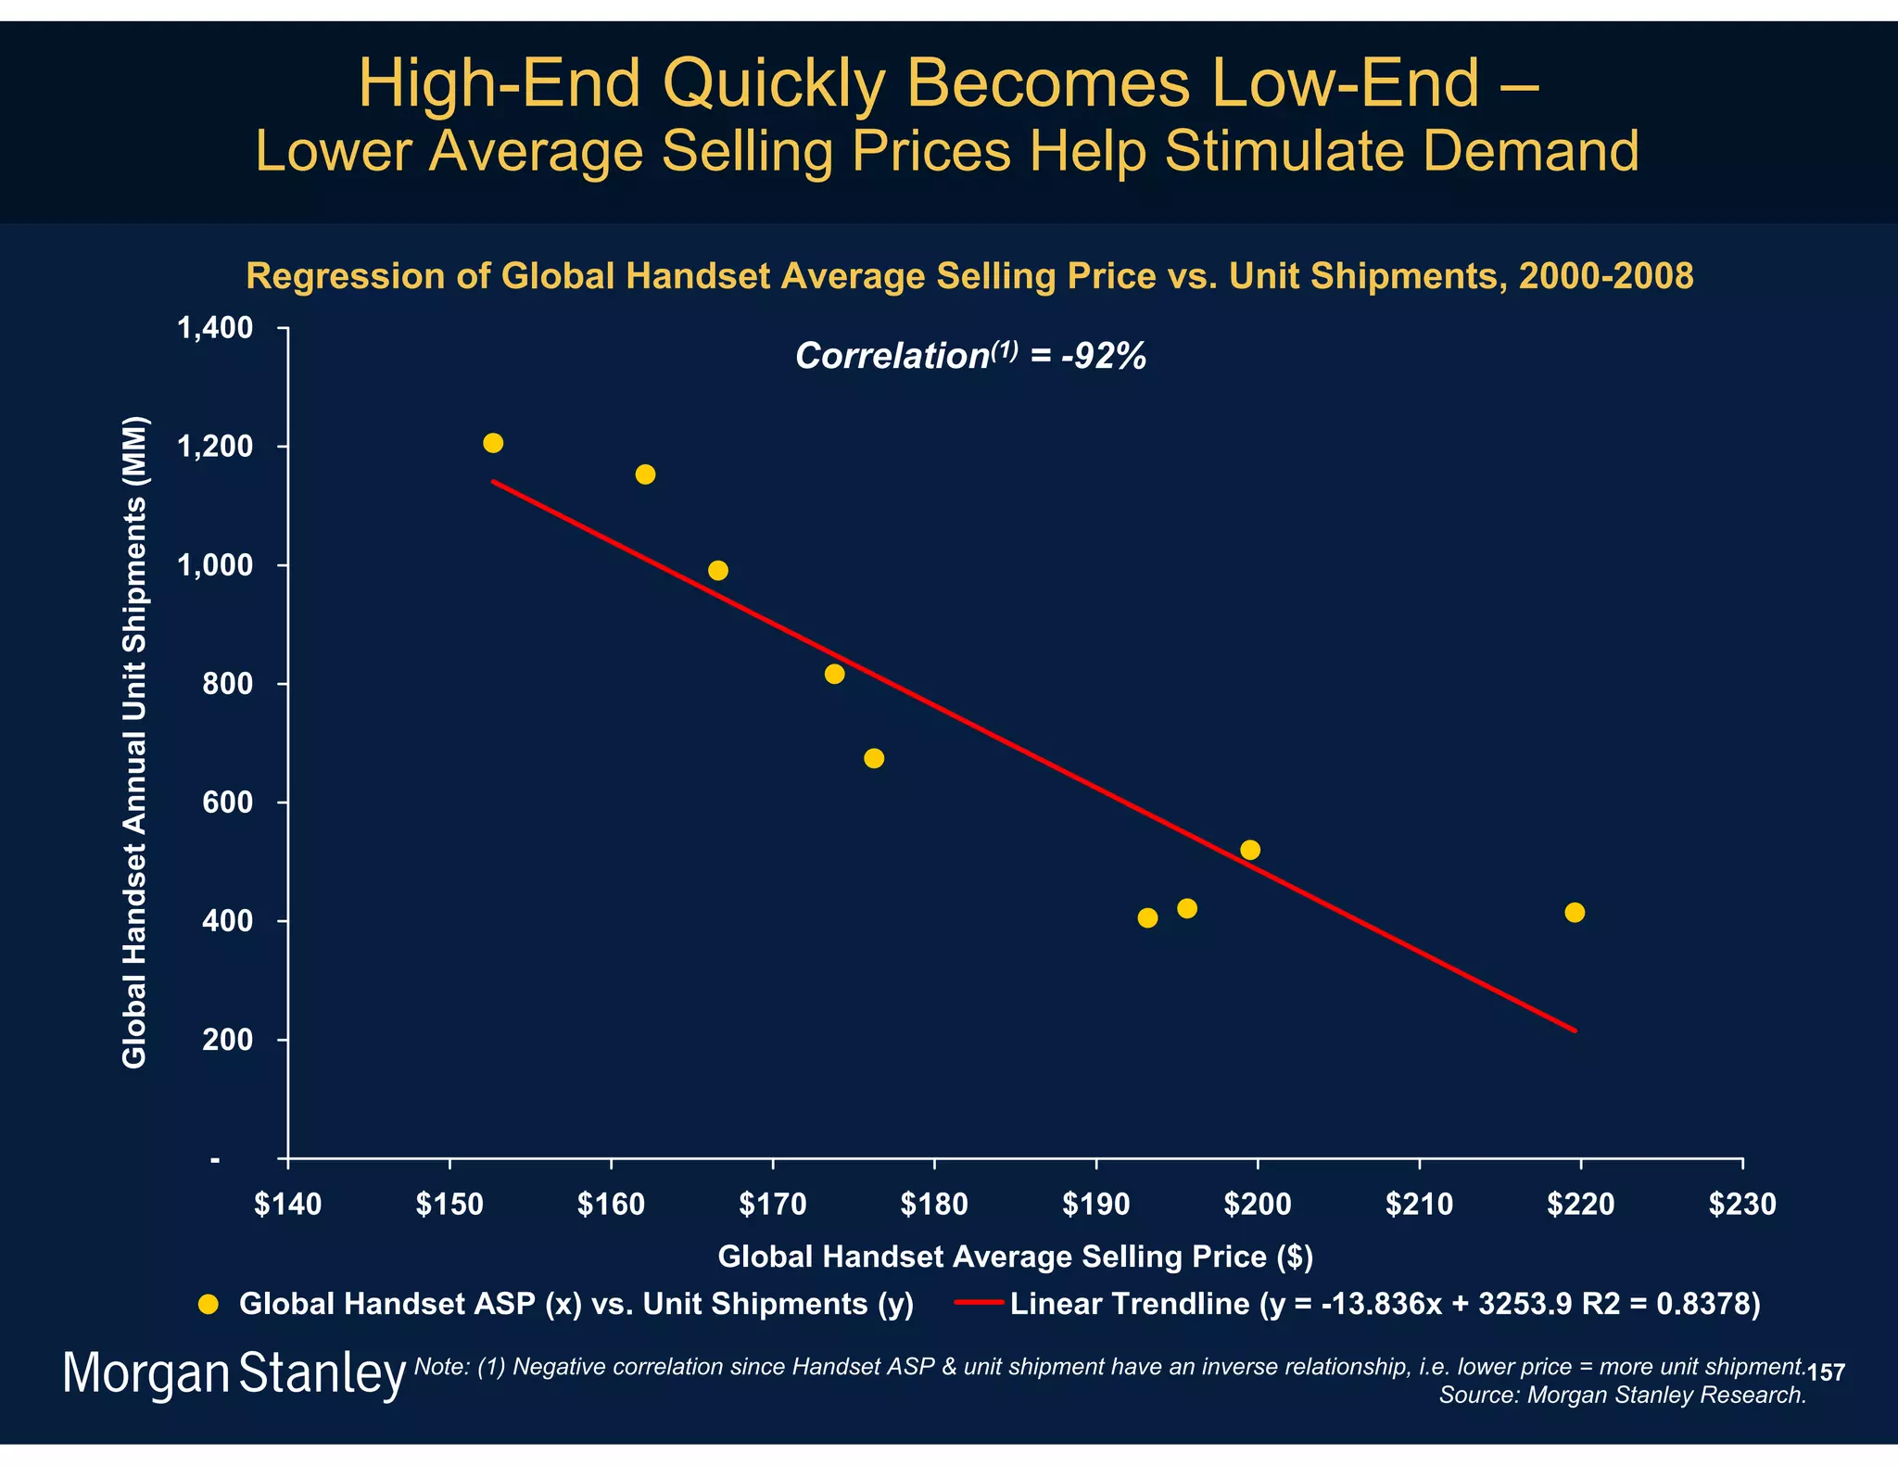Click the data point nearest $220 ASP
pos(1574,913)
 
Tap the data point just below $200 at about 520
pos(1249,850)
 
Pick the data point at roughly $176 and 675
pos(873,758)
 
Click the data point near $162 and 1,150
pos(645,474)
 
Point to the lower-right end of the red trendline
pos(1574,1030)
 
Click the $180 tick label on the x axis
pos(933,1205)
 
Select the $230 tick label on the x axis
pos(1742,1205)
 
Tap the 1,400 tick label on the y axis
pos(215,328)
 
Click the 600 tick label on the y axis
pos(227,803)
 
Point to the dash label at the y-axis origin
pos(215,1159)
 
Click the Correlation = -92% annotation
pos(970,356)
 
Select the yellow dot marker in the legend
pos(209,1304)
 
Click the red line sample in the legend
pos(979,1304)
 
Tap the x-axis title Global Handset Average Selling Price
pos(1015,1257)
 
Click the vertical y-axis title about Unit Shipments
pos(135,741)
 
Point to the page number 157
pos(1826,1372)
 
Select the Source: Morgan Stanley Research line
pos(1622,1395)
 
